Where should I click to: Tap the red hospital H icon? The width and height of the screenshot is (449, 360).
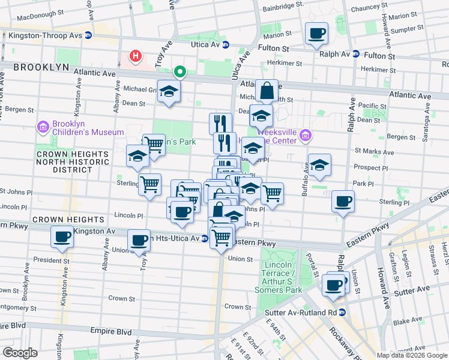point(136,57)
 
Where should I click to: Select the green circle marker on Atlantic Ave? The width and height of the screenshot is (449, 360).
point(179,73)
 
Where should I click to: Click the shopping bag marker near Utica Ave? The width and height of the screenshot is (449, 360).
point(267,91)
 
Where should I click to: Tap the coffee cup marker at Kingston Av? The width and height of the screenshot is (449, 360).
point(62,236)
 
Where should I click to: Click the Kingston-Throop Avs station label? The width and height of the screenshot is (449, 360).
point(45,35)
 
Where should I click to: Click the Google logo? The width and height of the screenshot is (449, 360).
point(20,353)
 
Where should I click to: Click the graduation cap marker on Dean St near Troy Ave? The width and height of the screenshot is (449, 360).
point(169,91)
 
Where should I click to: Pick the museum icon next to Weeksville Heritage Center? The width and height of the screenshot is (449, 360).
point(306,136)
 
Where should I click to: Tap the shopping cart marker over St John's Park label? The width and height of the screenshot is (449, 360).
point(154,145)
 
